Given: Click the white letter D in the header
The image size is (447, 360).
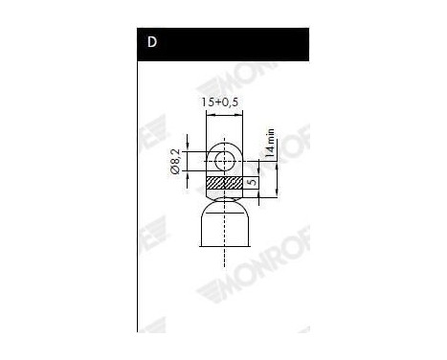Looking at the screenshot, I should click(x=152, y=44).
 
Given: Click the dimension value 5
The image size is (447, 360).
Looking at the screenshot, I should click(x=251, y=182).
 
